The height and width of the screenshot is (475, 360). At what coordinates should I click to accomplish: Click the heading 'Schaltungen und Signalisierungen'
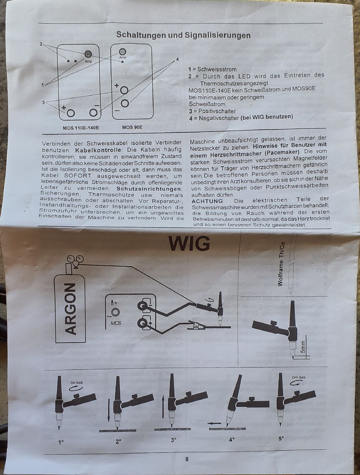[183, 35]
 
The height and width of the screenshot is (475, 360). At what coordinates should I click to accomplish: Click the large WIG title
[189, 243]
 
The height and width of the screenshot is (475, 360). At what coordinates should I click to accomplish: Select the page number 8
[187, 459]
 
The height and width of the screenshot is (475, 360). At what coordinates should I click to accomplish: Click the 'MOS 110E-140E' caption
[81, 127]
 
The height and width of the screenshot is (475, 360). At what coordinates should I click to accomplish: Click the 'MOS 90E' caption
[132, 127]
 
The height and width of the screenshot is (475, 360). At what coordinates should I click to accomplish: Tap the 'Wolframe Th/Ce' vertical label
[280, 264]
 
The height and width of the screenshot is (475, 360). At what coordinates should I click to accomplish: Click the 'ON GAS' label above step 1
[76, 383]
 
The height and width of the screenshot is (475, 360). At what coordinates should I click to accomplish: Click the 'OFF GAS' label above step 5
[299, 378]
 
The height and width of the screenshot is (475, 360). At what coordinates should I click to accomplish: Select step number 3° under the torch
[174, 440]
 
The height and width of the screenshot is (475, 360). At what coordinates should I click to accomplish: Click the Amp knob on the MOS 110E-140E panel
[88, 54]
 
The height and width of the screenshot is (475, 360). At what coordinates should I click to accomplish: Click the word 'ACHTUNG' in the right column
[207, 201]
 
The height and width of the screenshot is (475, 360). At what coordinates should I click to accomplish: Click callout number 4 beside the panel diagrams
[177, 59]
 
